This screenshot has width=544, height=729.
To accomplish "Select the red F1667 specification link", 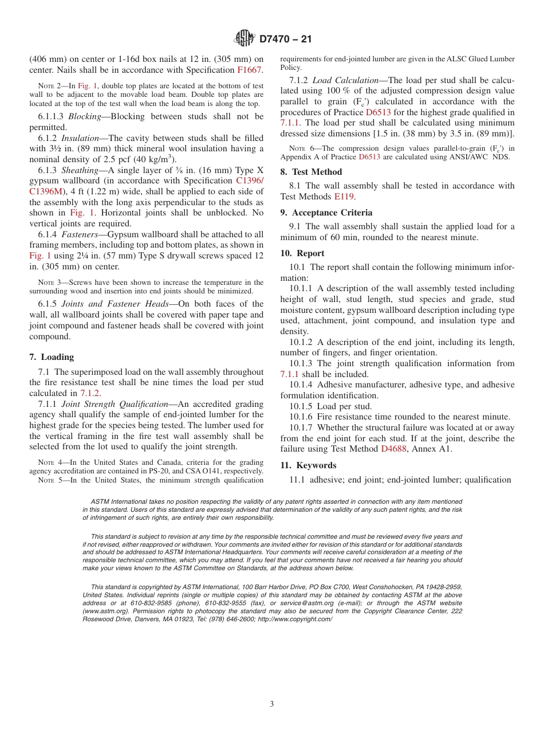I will [250, 70].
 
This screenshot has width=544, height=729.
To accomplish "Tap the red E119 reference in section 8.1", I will [345, 196].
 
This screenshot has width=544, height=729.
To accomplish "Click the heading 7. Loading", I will [52, 357].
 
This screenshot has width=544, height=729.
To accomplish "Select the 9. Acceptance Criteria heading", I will [326, 213].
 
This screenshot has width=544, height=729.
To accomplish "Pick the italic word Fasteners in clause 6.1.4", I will [79, 234].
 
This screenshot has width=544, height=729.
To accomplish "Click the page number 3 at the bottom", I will [272, 704].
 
